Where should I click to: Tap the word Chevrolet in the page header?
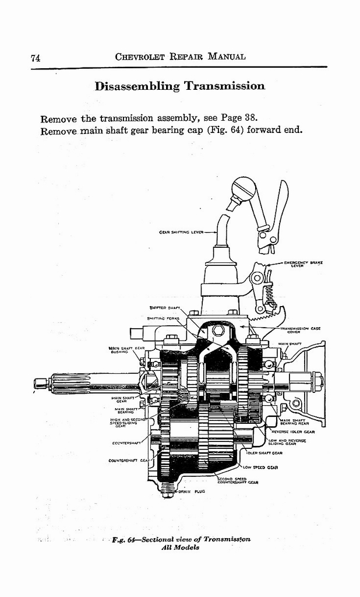[x=142, y=57]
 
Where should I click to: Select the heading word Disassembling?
[x=137, y=86]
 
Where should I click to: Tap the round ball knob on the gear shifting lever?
[x=243, y=189]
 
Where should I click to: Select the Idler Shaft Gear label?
[x=265, y=453]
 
